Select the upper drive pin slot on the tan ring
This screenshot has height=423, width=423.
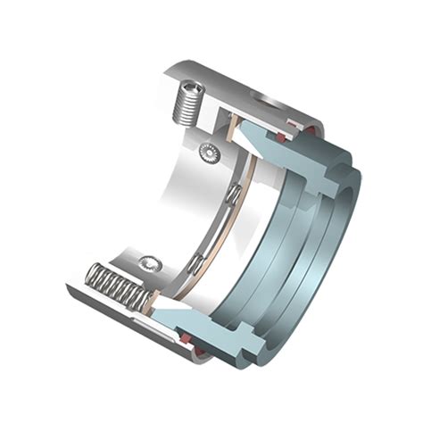(x=233, y=193)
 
